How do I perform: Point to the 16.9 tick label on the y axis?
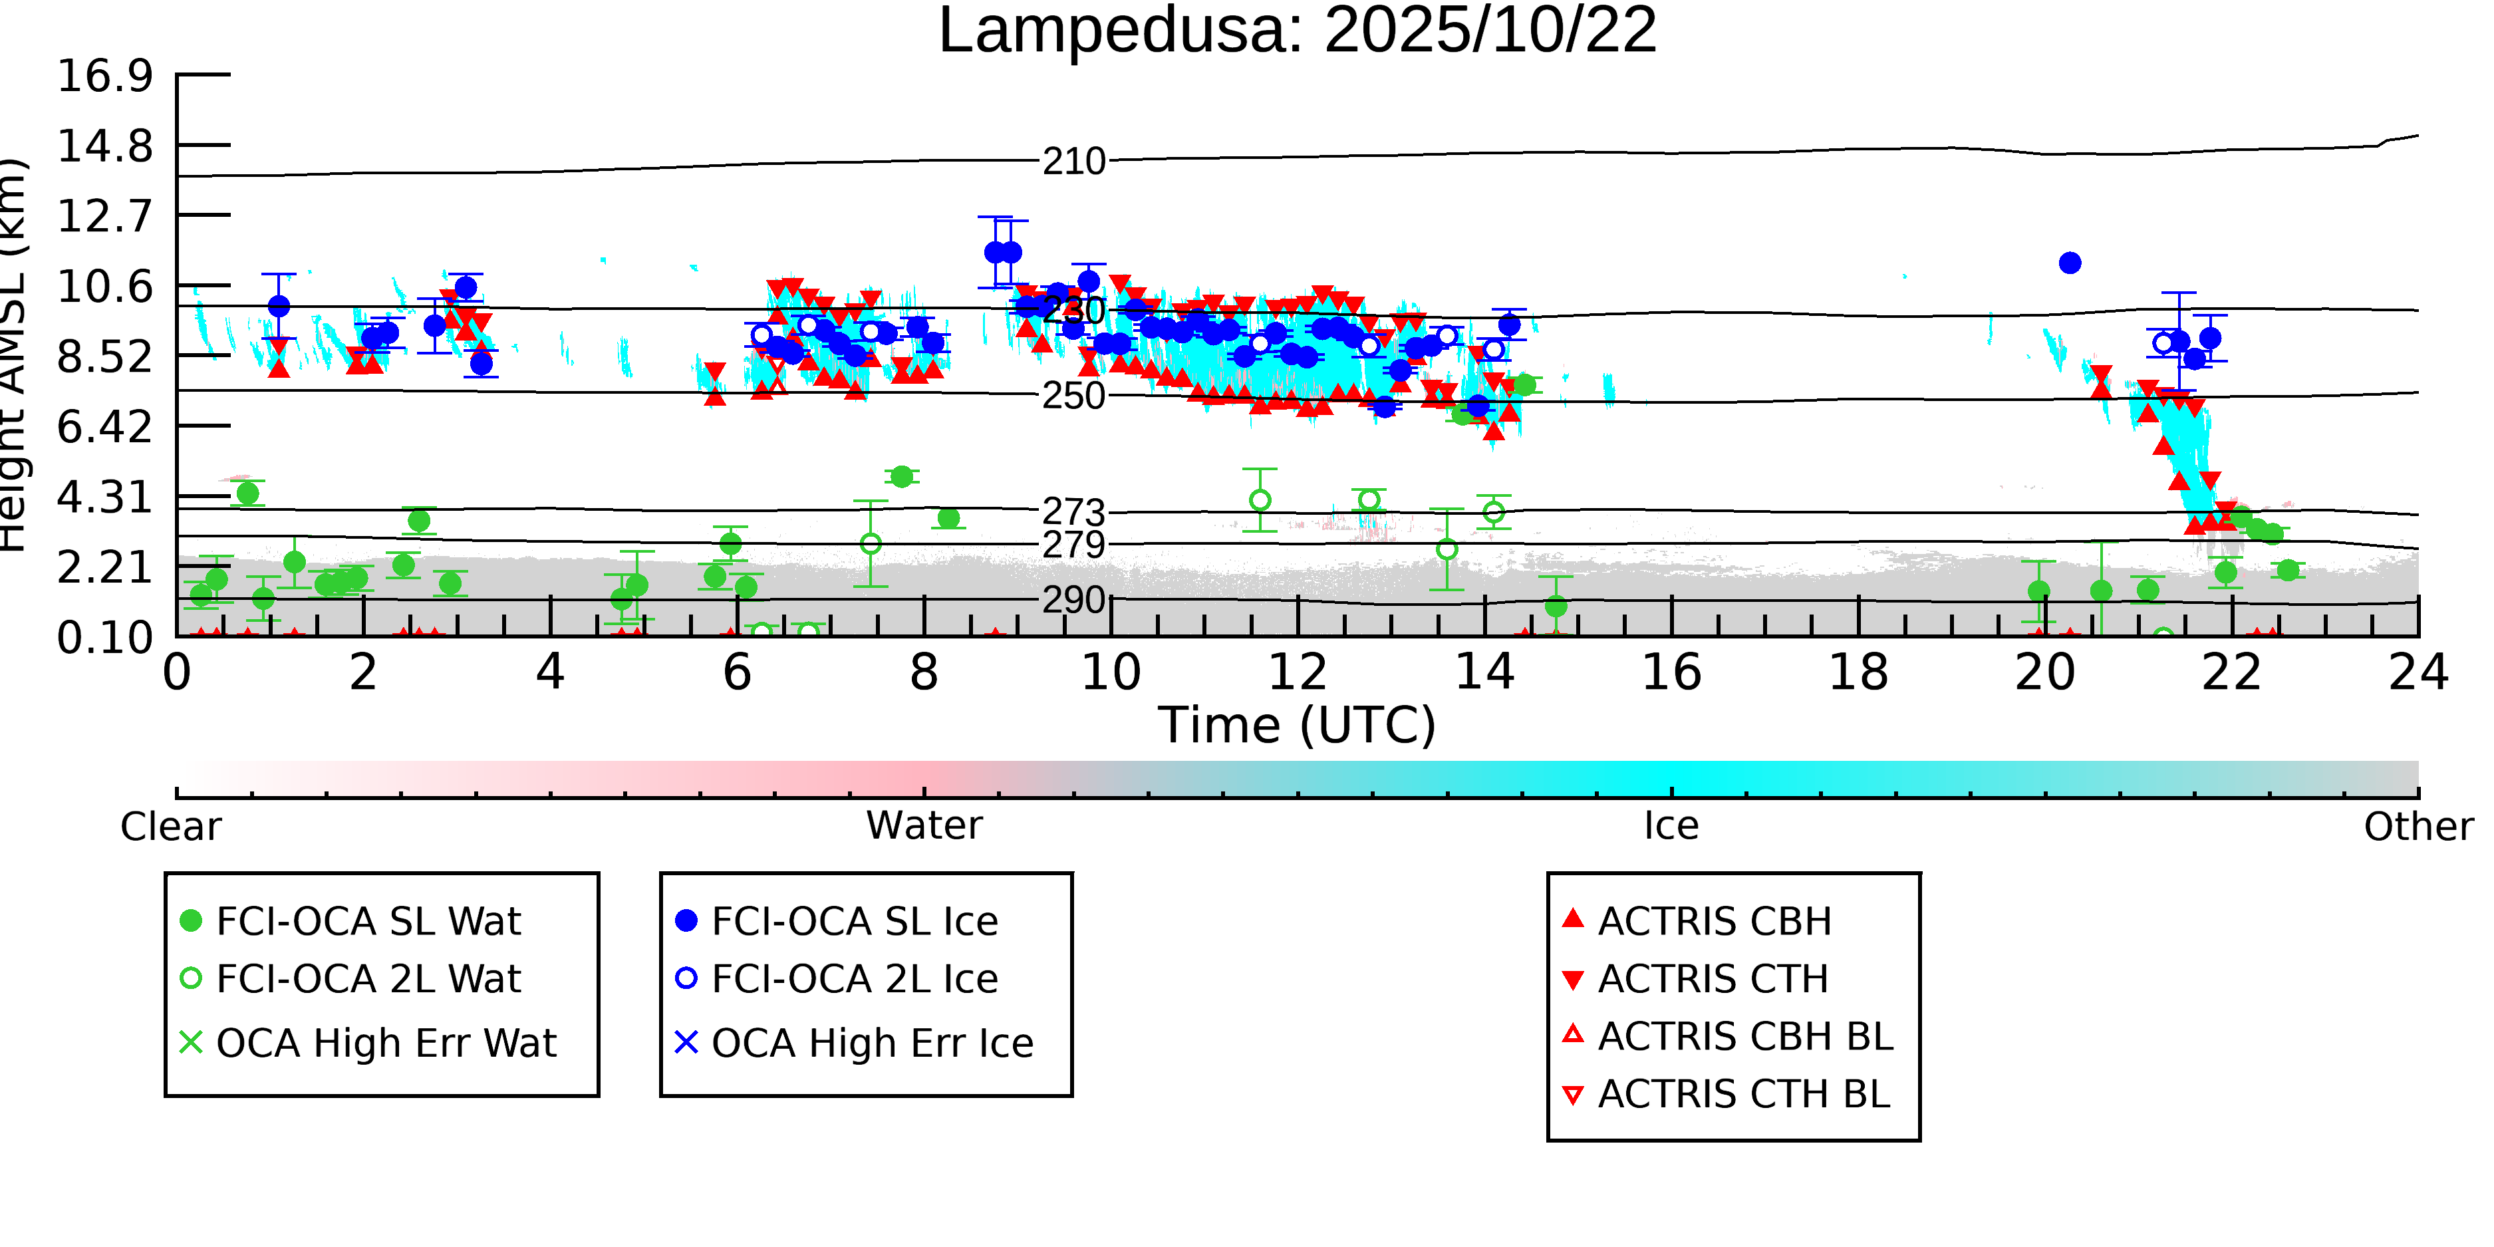[x=104, y=76]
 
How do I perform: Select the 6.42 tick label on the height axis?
[x=104, y=427]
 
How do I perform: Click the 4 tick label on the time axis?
[x=550, y=673]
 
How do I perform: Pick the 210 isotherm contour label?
[x=1073, y=162]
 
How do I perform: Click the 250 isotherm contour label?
[x=1073, y=396]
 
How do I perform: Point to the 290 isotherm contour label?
[x=1073, y=601]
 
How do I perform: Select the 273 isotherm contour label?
[x=1073, y=511]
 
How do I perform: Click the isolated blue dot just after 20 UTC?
[x=2069, y=263]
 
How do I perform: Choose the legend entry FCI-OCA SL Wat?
[x=368, y=922]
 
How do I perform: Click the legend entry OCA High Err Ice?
[x=871, y=1043]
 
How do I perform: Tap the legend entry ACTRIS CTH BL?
[x=1742, y=1095]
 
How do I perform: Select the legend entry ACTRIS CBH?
[x=1714, y=922]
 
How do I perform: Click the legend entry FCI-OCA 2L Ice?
[x=854, y=980]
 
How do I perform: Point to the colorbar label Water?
[x=924, y=827]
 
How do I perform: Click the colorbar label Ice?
[x=1671, y=827]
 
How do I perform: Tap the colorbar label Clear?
[x=170, y=827]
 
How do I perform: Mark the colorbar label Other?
[x=2418, y=827]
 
